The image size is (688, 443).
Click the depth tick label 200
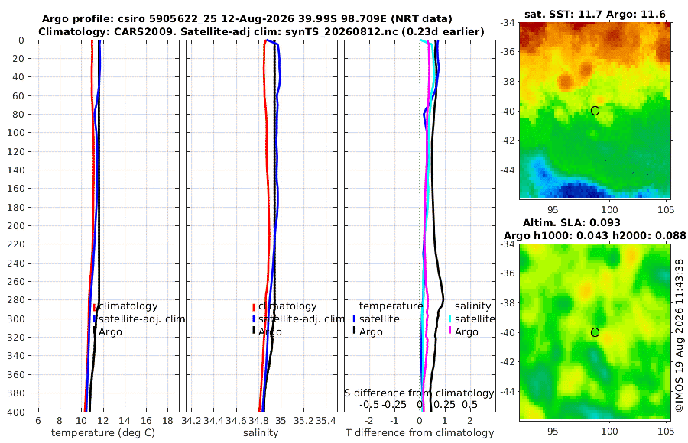[x=16, y=225]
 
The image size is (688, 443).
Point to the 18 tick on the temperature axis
[x=167, y=421]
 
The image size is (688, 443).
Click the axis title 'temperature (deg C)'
[x=103, y=433]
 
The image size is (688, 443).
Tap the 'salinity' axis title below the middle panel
[x=261, y=433]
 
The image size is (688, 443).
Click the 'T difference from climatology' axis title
[x=420, y=433]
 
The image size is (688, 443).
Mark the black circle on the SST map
[x=595, y=111]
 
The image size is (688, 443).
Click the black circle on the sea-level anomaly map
[x=595, y=332]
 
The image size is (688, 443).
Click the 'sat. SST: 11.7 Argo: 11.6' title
[x=595, y=14]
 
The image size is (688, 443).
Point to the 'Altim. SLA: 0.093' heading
[x=571, y=222]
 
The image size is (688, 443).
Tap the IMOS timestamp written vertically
[x=680, y=335]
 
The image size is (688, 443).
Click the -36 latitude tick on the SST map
[x=509, y=52]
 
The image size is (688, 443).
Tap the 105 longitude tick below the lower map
[x=666, y=431]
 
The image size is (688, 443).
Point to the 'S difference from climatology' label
[x=420, y=393]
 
